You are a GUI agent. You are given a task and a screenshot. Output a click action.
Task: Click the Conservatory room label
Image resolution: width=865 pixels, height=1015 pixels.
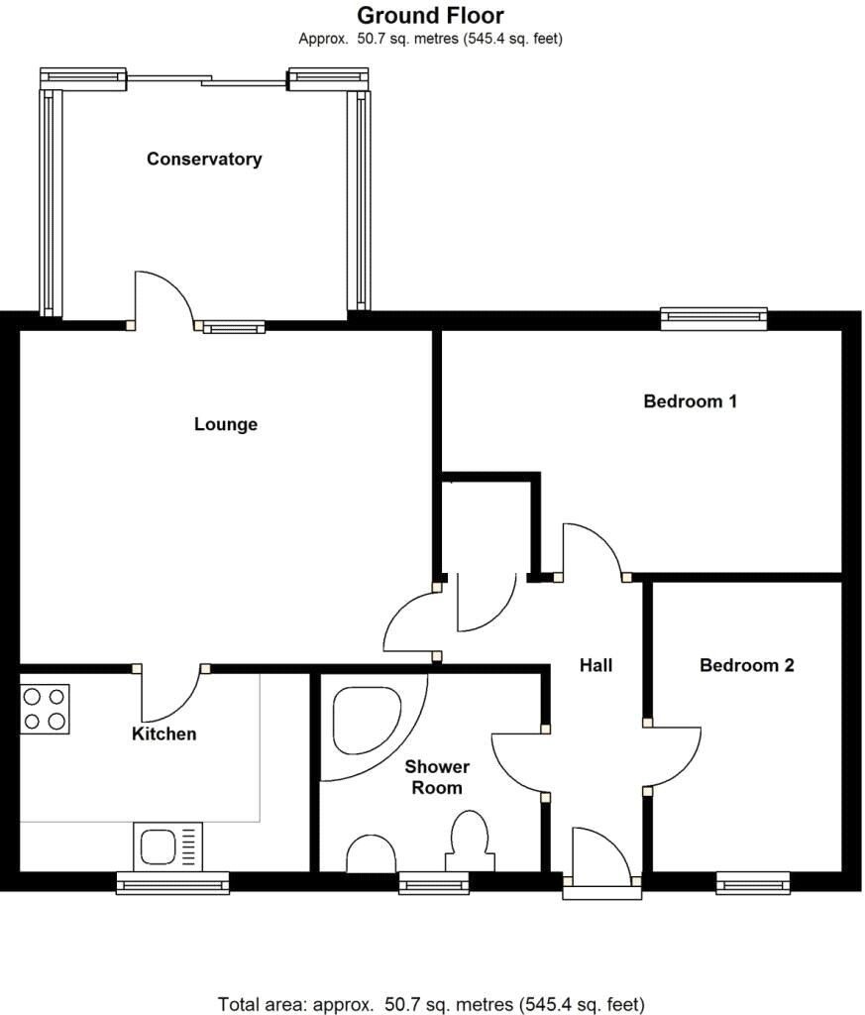click(204, 160)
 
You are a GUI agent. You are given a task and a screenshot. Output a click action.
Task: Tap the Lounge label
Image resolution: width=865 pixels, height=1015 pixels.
click(226, 424)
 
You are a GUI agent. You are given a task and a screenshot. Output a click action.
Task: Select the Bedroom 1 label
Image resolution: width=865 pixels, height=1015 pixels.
click(691, 401)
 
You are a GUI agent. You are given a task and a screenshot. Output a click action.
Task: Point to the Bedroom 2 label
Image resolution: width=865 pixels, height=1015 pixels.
click(747, 665)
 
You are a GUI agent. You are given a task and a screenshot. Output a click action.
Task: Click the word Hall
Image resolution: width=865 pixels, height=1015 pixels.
click(595, 665)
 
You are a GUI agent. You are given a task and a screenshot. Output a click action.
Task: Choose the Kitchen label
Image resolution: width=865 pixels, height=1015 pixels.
click(163, 734)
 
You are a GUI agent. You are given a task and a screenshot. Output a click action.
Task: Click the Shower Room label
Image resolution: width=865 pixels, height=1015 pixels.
click(437, 777)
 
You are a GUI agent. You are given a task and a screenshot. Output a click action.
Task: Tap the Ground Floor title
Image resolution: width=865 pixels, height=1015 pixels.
click(430, 15)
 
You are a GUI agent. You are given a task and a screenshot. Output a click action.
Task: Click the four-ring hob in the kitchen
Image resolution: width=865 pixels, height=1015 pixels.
click(45, 709)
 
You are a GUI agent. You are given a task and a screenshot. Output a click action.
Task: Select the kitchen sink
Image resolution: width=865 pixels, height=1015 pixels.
click(168, 846)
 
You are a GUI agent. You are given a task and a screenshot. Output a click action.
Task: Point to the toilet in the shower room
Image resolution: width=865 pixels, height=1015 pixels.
click(470, 841)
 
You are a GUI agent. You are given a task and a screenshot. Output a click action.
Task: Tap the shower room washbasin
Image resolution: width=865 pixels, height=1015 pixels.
click(372, 854)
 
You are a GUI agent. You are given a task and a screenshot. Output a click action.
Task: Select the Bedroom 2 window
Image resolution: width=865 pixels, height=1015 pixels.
click(753, 883)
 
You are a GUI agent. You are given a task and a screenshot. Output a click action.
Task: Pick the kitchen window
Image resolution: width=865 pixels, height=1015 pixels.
click(172, 883)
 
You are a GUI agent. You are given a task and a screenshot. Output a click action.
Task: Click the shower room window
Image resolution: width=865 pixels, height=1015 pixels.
click(433, 883)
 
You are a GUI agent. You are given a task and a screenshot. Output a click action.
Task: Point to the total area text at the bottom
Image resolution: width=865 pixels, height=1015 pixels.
click(432, 1004)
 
